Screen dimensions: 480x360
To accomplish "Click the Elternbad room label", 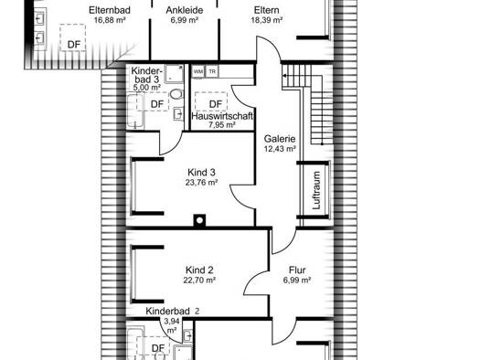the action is (110, 10).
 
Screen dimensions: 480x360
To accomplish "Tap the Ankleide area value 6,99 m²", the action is (185, 20).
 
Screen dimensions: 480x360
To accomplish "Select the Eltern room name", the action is (266, 10).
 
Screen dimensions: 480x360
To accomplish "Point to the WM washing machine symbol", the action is (198, 72).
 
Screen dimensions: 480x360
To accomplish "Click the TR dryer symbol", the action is (212, 72).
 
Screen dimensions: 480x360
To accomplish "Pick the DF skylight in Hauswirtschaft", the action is (211, 101).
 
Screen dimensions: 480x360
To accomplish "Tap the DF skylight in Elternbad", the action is (73, 37).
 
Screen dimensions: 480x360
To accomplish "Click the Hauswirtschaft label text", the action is (222, 116).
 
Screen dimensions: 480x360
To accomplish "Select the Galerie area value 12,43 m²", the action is (280, 149).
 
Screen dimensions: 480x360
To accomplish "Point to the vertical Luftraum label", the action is (316, 190).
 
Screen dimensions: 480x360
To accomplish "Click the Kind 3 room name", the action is (201, 172).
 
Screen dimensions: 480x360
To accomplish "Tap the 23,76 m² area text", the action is (201, 183).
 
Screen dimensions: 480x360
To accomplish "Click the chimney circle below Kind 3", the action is (199, 220).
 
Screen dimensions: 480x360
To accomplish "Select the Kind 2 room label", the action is (199, 270).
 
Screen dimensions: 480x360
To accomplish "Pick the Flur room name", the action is (297, 270).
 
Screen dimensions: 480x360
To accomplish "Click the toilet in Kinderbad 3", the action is (176, 94).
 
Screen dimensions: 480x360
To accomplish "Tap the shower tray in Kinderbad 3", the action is (175, 74).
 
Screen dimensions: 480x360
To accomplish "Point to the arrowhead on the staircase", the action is (284, 76).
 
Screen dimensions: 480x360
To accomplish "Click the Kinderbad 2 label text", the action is (173, 311).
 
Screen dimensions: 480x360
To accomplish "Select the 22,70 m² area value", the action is (199, 281).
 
